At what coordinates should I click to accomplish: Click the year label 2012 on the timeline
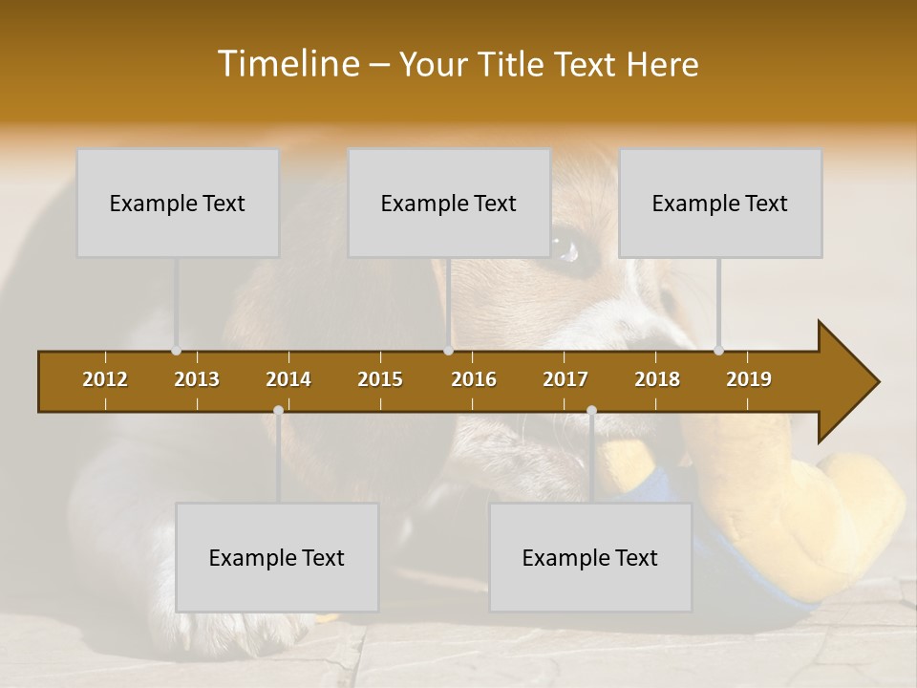(x=105, y=379)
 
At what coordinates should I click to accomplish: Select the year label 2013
(x=197, y=379)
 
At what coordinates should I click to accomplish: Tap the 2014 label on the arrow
(x=288, y=379)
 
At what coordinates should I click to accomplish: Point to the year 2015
(x=380, y=379)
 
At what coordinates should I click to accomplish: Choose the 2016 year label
(x=474, y=379)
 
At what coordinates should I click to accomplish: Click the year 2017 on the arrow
(x=565, y=379)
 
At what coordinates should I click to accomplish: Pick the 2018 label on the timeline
(x=657, y=379)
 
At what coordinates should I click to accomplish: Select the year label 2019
(x=749, y=379)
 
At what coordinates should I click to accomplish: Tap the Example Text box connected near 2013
(x=178, y=203)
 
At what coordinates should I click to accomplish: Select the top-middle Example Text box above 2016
(x=449, y=203)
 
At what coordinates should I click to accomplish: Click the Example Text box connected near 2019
(x=720, y=203)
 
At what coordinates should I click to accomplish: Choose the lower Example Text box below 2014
(x=277, y=557)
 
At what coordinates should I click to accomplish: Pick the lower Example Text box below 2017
(x=590, y=557)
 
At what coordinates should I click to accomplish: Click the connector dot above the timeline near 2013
(x=176, y=351)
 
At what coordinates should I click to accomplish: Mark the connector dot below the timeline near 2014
(x=278, y=410)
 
